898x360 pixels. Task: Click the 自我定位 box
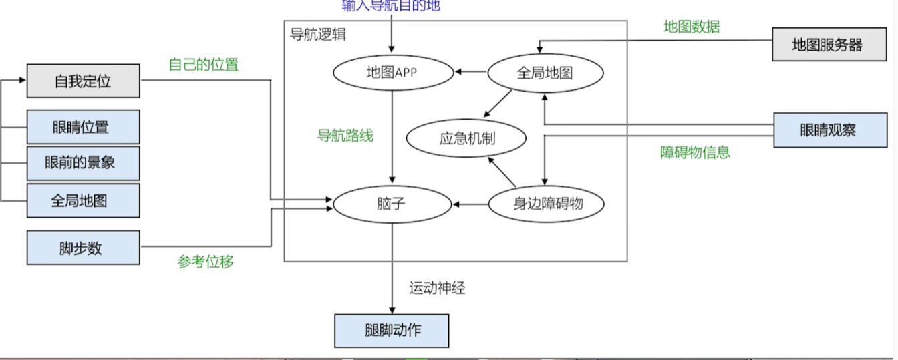click(x=83, y=81)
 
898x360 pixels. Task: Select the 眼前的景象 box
click(x=83, y=163)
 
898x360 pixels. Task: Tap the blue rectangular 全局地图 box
click(x=83, y=200)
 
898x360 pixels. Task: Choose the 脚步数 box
click(x=83, y=248)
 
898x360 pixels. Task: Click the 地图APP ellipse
click(x=392, y=73)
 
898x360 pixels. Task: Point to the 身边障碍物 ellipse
click(x=547, y=204)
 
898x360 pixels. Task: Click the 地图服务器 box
click(x=827, y=45)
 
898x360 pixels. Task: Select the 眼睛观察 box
click(x=827, y=130)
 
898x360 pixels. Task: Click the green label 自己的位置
click(x=204, y=65)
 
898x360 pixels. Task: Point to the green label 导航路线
click(x=345, y=136)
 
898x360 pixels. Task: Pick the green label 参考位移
click(x=205, y=262)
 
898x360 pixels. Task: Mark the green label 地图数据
click(x=691, y=27)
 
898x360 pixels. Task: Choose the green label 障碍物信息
click(x=695, y=152)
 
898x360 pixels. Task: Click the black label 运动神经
click(x=437, y=289)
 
